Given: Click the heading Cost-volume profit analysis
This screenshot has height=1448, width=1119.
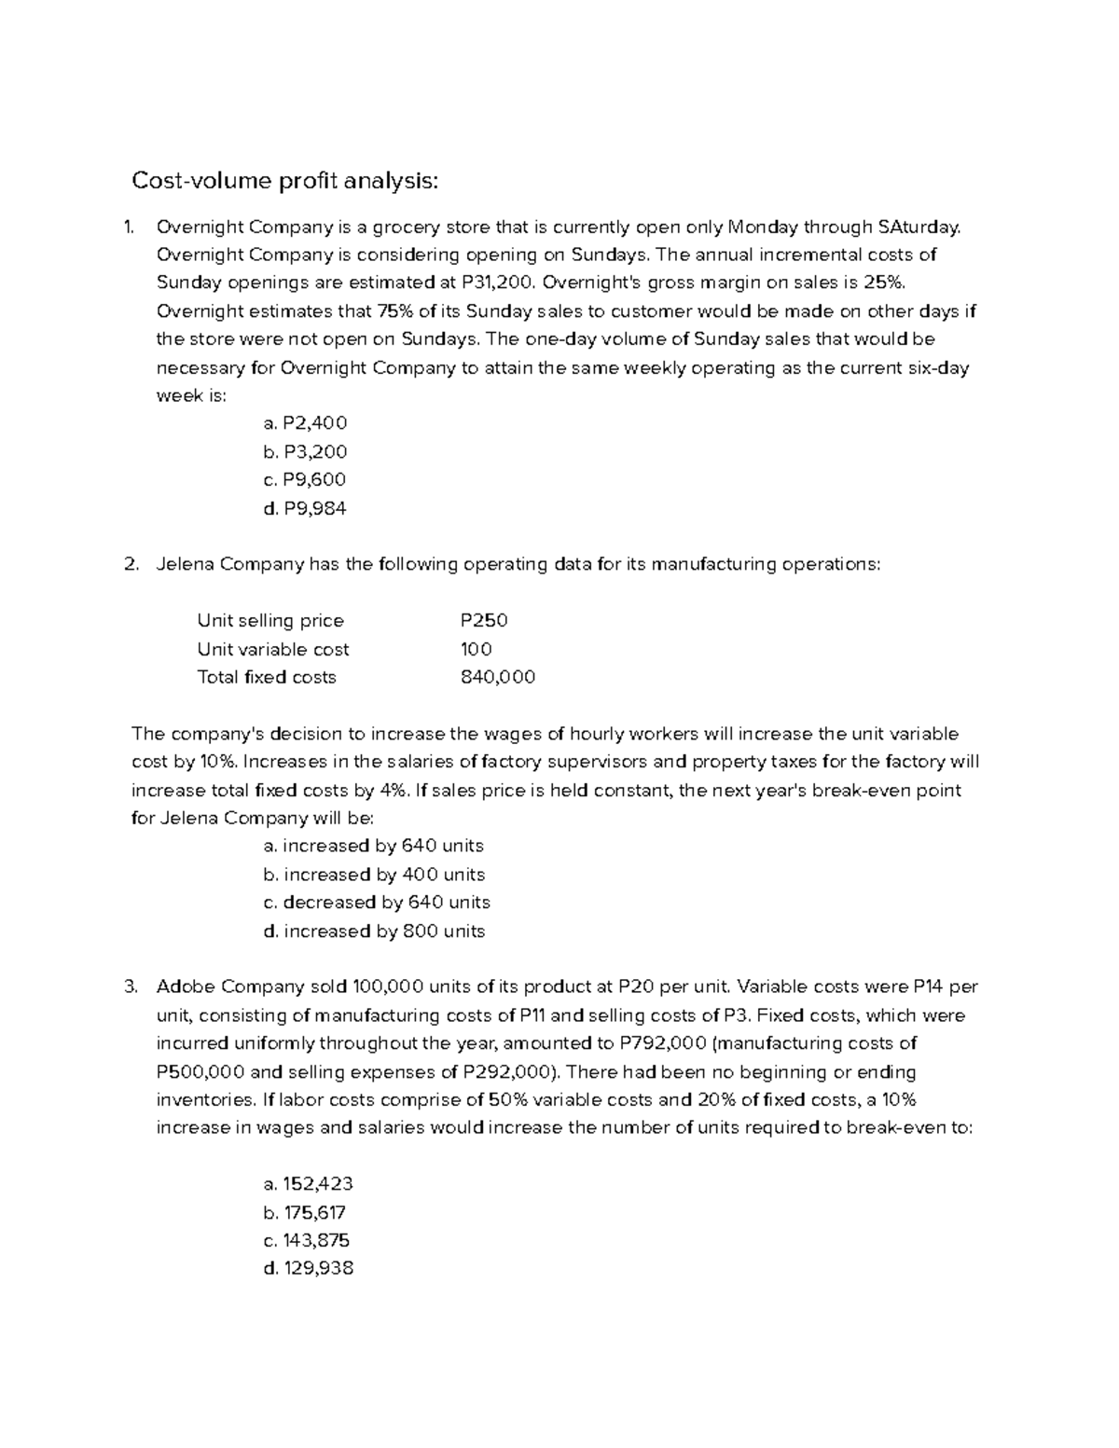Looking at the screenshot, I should coord(284,181).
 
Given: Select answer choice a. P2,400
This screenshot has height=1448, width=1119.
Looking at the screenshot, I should coord(305,423).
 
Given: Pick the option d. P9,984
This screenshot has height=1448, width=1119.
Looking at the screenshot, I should coord(305,508).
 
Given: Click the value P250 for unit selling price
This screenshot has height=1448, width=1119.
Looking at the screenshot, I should coord(484,621).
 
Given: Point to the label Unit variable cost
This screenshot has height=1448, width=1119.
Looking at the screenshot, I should coord(273,649).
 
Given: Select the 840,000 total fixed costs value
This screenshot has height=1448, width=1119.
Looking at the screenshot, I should coord(498,677).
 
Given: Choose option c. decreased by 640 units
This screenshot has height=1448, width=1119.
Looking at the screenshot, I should coord(377,903).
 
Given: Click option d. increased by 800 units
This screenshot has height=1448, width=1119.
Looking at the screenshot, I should coord(374,931).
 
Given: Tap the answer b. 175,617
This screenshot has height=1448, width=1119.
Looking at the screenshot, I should coord(305,1212).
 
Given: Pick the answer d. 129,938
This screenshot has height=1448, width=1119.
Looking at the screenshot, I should coord(309,1268).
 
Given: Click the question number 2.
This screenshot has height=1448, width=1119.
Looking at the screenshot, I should coord(131,564).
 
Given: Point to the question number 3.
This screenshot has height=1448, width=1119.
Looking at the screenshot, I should coord(131,986).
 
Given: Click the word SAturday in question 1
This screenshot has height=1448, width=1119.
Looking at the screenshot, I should coord(918,227).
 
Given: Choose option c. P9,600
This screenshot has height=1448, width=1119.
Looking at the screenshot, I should coord(305,479).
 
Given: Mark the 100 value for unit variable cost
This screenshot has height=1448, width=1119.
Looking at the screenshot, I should coord(477,649).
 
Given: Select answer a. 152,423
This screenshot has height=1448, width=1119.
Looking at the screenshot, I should coord(309,1184).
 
